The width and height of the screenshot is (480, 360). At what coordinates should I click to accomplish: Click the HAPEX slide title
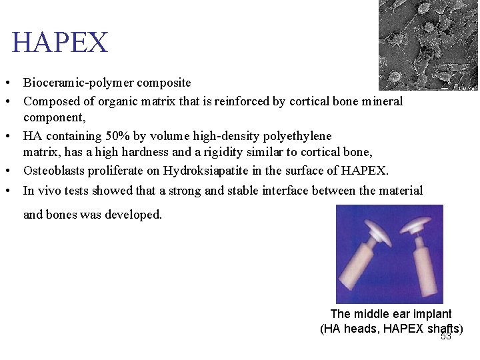point(59,43)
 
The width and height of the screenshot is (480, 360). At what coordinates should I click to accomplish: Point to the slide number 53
point(446,337)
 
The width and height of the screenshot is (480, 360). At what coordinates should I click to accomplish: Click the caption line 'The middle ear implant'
point(391,314)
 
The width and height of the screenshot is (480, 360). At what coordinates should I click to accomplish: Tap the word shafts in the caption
point(442,329)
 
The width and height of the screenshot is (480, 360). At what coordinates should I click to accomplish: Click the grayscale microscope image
point(428,44)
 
